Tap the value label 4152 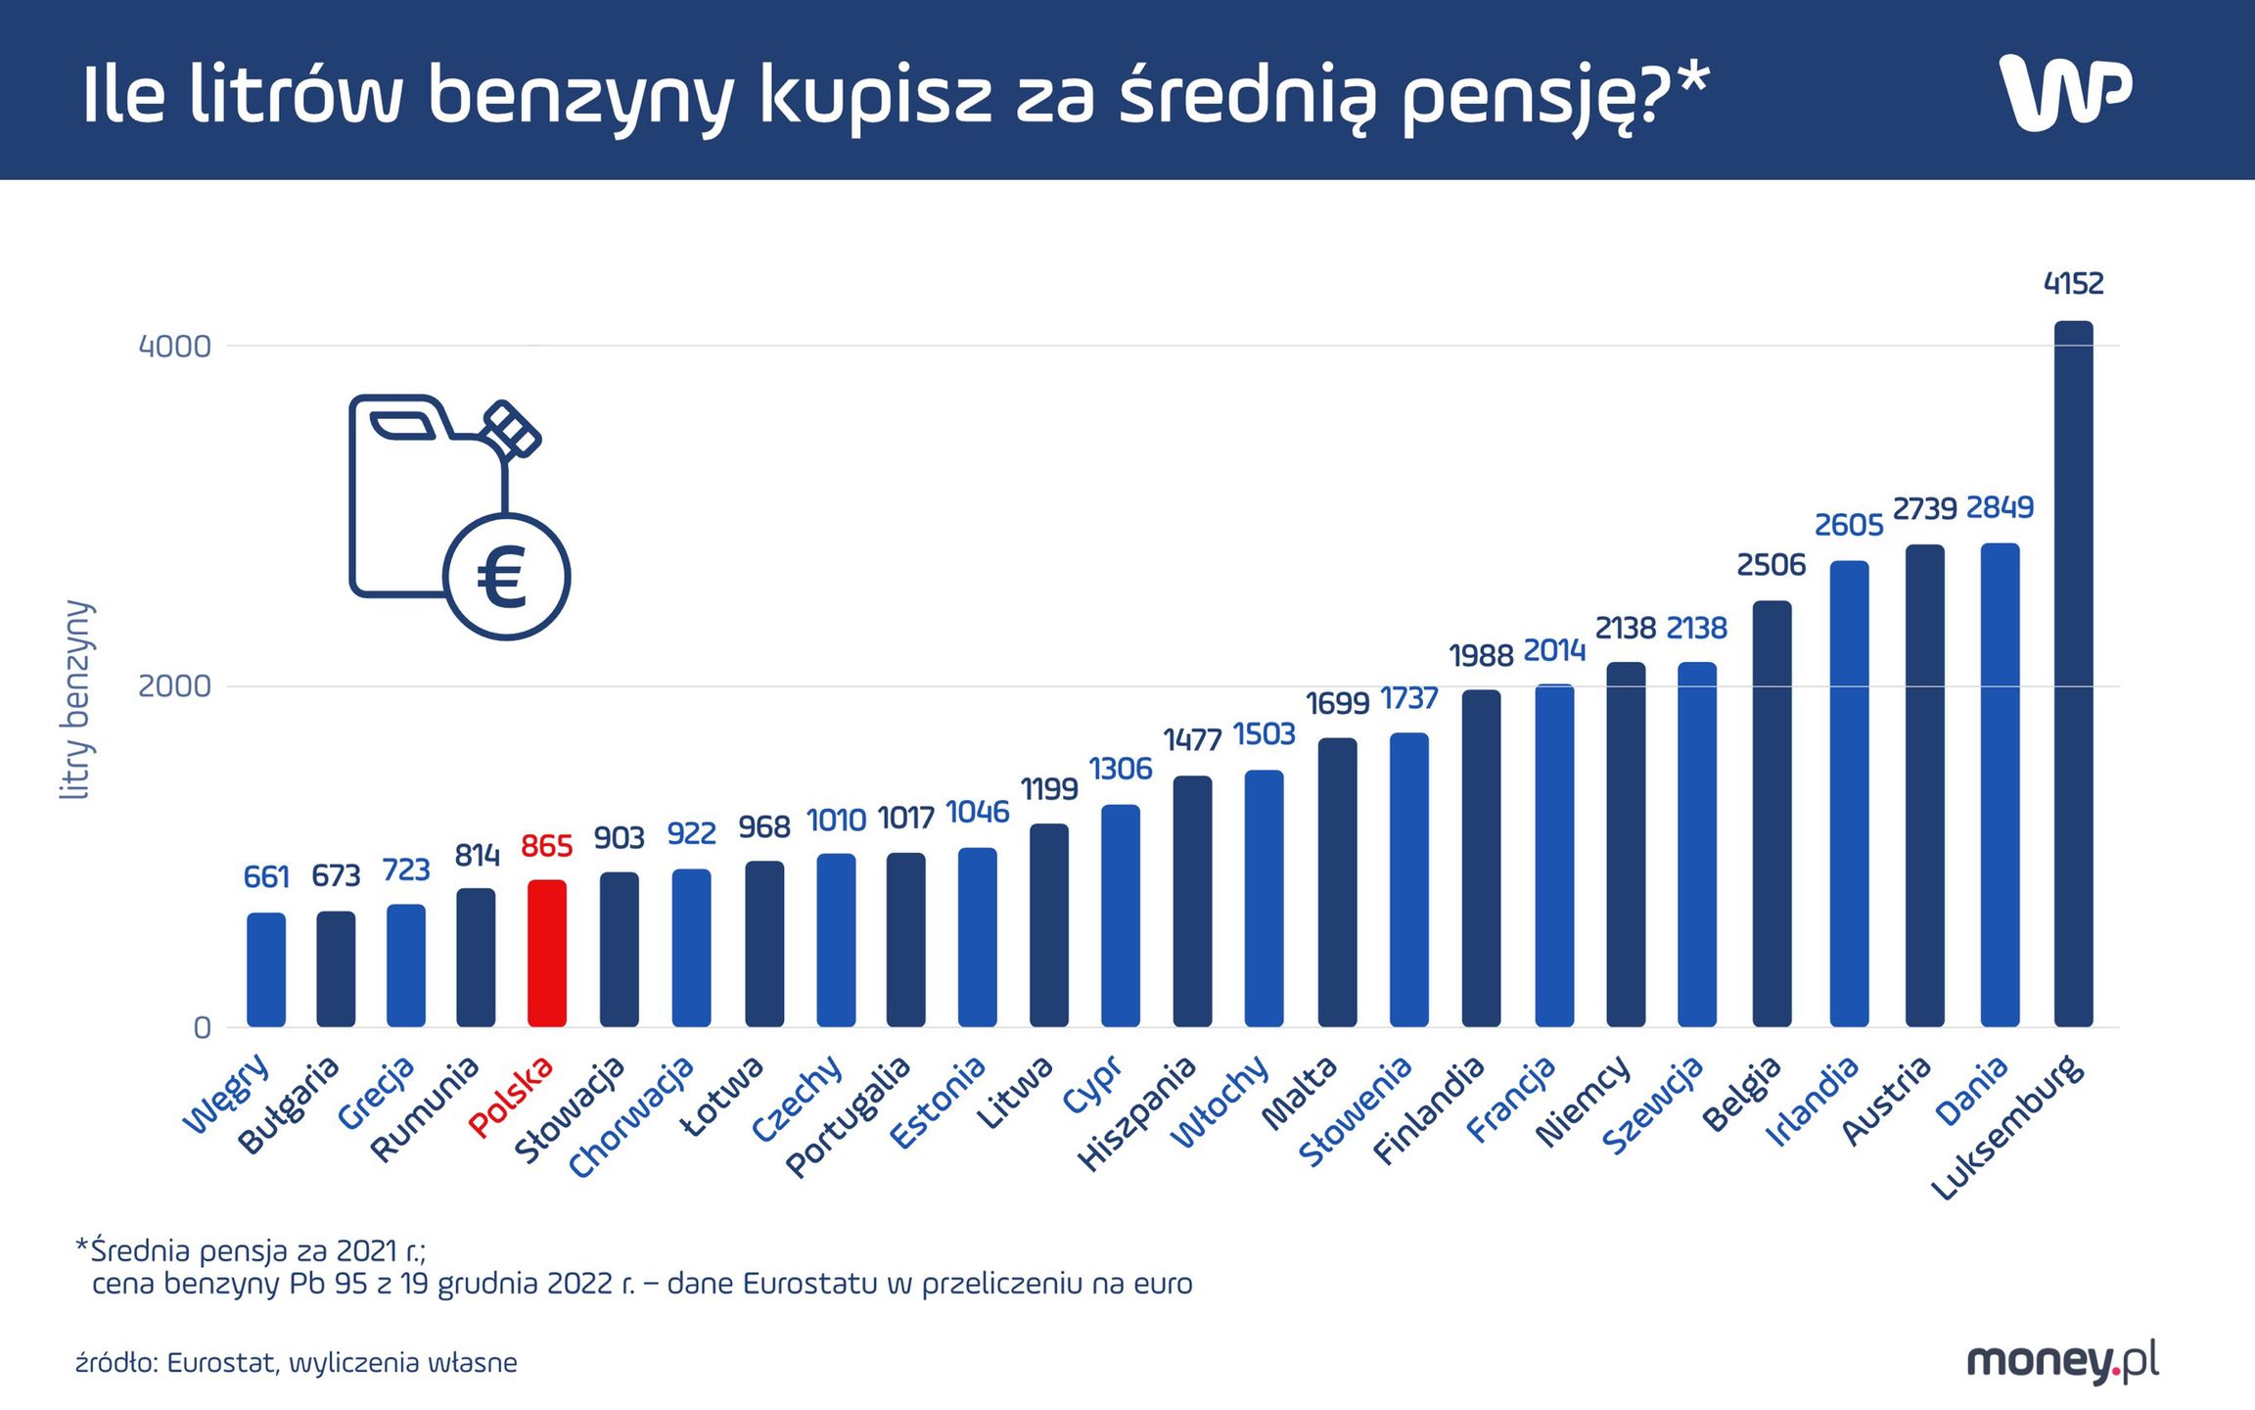click(x=2073, y=284)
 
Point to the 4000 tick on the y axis click(x=174, y=347)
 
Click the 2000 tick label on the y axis click(x=174, y=686)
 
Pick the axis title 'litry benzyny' click(x=76, y=699)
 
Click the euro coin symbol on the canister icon click(x=505, y=577)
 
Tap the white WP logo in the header click(x=2064, y=92)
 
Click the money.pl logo click(x=2062, y=1361)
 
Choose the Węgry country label click(x=227, y=1094)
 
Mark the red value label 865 click(x=546, y=846)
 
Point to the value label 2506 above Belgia click(x=1771, y=565)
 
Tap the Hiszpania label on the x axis click(x=1137, y=1113)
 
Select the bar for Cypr click(x=1121, y=916)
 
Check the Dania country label click(x=1972, y=1091)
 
